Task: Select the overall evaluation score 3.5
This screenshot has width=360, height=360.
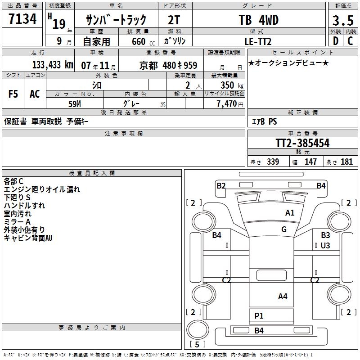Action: pos(343,21)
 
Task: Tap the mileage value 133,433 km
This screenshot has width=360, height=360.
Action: pos(52,65)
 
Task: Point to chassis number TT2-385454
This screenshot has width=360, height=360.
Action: pos(302,144)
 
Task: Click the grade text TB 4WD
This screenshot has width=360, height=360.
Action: pos(258,20)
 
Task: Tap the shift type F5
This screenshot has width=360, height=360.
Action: pos(13,94)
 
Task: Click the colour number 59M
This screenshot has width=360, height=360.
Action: pos(75,103)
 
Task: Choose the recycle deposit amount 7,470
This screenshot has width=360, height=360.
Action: pos(226,104)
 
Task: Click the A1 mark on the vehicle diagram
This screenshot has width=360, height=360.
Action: pos(290,213)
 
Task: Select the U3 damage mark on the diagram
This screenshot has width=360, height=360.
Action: pos(325,245)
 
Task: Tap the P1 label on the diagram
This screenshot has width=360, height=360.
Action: pos(259,316)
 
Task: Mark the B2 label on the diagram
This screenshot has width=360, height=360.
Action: pos(221,185)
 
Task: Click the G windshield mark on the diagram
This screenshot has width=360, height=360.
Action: pos(283,229)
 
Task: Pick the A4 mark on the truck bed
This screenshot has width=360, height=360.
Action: pos(283,296)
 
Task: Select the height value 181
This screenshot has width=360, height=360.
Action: pos(347,162)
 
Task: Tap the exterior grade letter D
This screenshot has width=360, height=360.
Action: pos(335,41)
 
